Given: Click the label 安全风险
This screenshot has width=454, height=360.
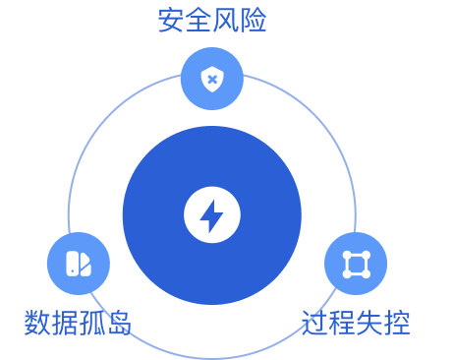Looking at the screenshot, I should pyautogui.click(x=212, y=21).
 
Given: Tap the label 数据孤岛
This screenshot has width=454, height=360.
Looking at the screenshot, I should pyautogui.click(x=79, y=322).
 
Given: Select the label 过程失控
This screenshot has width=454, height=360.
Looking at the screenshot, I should pyautogui.click(x=356, y=322).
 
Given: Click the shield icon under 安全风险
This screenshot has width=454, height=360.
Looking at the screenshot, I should pyautogui.click(x=212, y=79).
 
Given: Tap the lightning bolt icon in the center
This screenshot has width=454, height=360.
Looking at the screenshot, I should pyautogui.click(x=212, y=215).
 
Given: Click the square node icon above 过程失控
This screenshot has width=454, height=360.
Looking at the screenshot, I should pyautogui.click(x=356, y=264).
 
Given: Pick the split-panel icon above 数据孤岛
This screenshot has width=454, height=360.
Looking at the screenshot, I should pyautogui.click(x=79, y=264).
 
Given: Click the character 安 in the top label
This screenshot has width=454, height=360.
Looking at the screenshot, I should pyautogui.click(x=171, y=21).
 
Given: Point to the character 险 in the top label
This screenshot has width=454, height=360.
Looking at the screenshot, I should pyautogui.click(x=254, y=21).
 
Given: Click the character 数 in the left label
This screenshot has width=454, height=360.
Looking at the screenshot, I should pyautogui.click(x=37, y=322).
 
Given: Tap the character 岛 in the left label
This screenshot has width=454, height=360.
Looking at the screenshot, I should pyautogui.click(x=120, y=322).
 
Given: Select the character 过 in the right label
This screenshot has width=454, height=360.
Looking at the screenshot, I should pyautogui.click(x=314, y=322).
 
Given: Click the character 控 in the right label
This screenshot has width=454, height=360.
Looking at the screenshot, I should pyautogui.click(x=397, y=322).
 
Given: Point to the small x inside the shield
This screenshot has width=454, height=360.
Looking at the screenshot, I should pyautogui.click(x=212, y=79).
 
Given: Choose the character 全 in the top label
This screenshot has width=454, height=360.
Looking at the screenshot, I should pyautogui.click(x=199, y=21).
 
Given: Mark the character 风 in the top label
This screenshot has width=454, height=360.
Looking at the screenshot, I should pyautogui.click(x=226, y=21).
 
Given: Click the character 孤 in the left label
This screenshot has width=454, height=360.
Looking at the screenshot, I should pyautogui.click(x=92, y=322).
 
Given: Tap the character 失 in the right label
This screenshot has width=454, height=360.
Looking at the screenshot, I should pyautogui.click(x=369, y=322).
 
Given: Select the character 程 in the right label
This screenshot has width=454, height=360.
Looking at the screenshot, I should pyautogui.click(x=342, y=322).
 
